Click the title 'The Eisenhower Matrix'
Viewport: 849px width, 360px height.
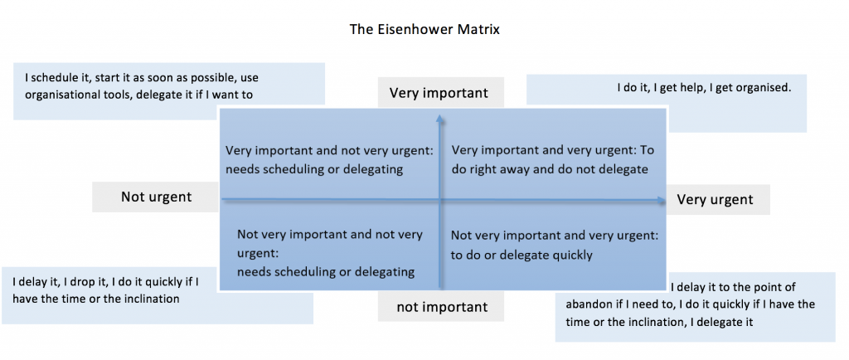tap(424, 29)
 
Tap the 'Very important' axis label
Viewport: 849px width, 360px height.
tap(439, 93)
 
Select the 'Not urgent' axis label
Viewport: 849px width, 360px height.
tap(156, 197)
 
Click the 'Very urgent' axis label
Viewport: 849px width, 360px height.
tap(715, 199)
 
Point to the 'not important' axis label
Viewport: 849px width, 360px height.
tap(442, 308)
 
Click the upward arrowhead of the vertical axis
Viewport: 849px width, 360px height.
tap(439, 118)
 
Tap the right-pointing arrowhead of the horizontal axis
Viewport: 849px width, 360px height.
tap(661, 200)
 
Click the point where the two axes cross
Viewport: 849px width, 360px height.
tap(439, 200)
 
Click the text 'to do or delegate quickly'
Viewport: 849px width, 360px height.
tap(522, 255)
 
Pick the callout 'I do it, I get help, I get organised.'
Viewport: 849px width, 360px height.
tap(703, 87)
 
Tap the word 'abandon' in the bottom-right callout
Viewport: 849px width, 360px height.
tap(586, 304)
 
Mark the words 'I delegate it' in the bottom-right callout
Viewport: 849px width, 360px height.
tap(723, 322)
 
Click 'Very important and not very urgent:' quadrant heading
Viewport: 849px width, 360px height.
tap(330, 151)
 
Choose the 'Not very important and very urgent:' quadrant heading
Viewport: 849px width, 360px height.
tap(555, 236)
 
